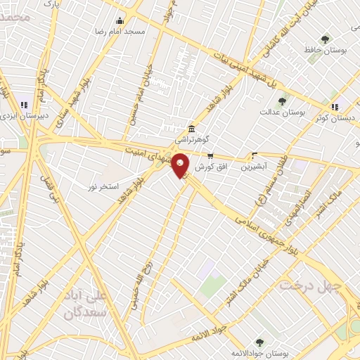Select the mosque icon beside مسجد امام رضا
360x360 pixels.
pos(119,20)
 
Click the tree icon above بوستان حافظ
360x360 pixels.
pos(324,39)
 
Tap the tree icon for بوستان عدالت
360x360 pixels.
pos(282,101)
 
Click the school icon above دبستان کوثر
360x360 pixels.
pos(335,107)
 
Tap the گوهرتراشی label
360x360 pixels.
pos(190,140)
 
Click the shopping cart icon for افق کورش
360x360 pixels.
pos(210,155)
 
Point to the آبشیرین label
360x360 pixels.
pos(254,167)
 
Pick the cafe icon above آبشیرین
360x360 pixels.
pos(254,155)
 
